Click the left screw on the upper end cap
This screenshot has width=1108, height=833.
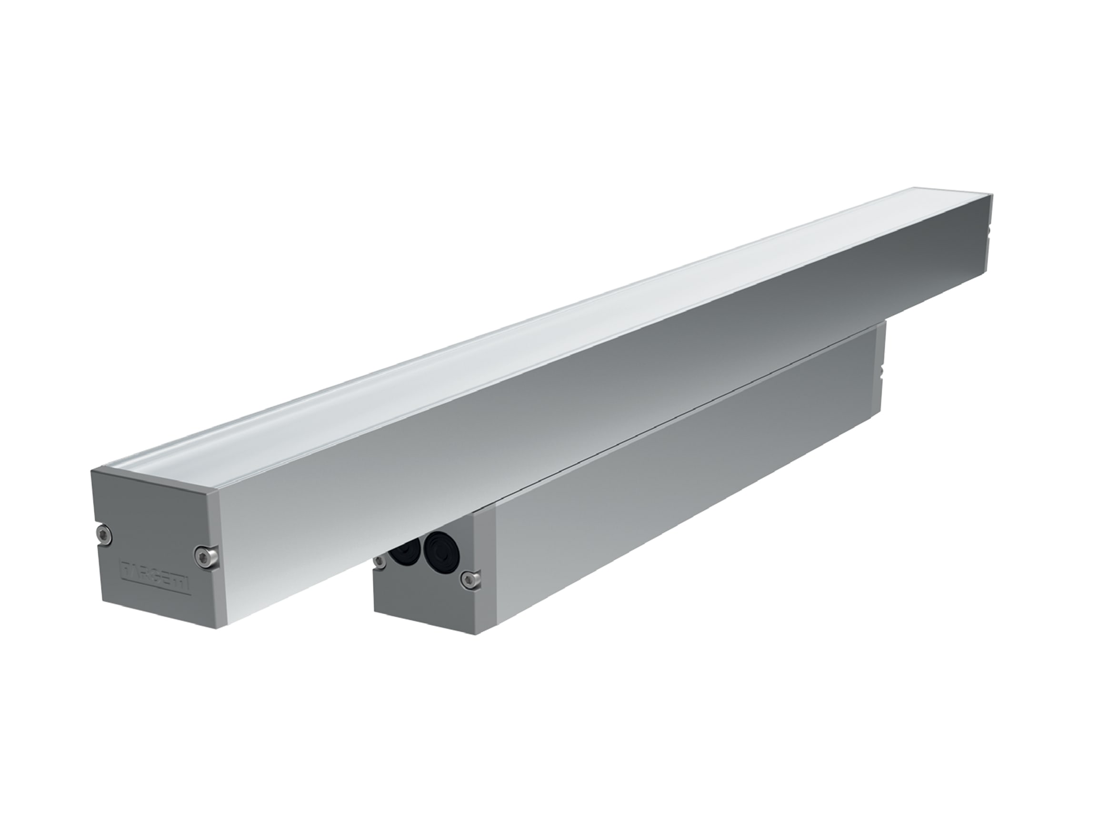[x=104, y=533]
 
